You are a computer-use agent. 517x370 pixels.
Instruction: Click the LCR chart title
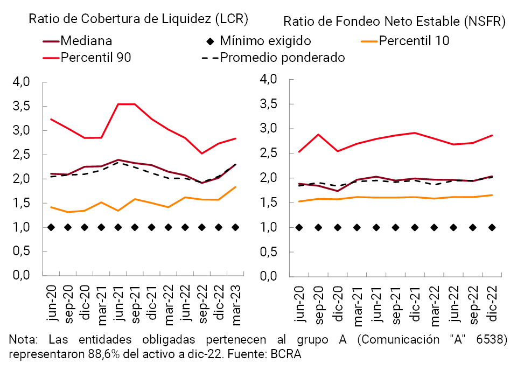click(138, 19)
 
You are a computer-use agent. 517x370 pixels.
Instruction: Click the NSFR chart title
click(394, 22)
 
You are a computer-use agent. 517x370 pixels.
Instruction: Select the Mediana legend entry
click(86, 40)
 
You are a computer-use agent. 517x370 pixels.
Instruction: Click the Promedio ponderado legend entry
click(282, 57)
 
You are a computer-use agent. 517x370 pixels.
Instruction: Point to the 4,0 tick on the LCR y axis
click(23, 82)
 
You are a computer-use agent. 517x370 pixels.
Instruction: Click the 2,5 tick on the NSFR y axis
click(268, 153)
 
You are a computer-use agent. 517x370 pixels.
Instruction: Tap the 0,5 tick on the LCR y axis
click(23, 252)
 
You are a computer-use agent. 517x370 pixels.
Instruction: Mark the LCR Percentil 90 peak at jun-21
click(118, 104)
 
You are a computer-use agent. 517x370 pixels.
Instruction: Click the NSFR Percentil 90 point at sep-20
click(319, 135)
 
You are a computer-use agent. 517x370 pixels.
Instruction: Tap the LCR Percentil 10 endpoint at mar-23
click(235, 187)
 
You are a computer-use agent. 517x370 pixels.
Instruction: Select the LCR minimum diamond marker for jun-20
click(51, 227)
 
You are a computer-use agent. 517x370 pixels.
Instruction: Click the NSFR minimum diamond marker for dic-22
click(492, 227)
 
